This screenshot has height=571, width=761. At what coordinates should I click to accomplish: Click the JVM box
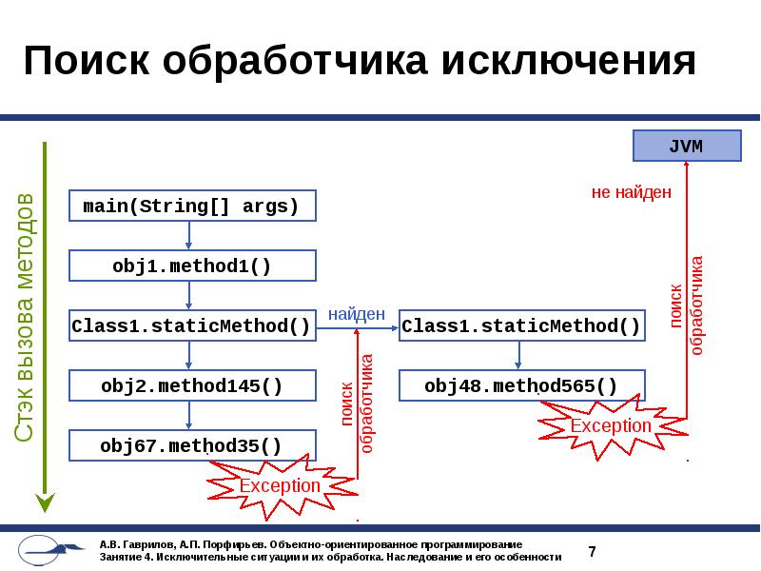[x=687, y=147]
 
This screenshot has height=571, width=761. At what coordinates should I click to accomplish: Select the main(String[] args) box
[x=191, y=206]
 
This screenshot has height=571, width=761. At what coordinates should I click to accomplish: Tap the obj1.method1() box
[x=191, y=266]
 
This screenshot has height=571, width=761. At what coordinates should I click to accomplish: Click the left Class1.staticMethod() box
[x=191, y=326]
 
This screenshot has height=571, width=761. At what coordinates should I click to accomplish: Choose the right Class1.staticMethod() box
[x=521, y=326]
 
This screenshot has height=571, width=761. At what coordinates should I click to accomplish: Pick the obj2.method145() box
[x=191, y=385]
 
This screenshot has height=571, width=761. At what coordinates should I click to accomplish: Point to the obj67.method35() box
[x=191, y=445]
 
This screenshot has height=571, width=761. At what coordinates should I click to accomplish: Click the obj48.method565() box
[x=521, y=385]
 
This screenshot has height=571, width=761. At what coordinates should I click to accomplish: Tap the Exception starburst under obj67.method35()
[x=280, y=485]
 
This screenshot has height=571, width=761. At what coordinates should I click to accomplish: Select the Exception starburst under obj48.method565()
[x=611, y=425]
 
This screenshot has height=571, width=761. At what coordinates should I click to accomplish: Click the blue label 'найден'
[x=357, y=313]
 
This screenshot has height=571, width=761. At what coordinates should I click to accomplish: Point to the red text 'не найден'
[x=632, y=192]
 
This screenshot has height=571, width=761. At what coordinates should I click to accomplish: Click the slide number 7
[x=592, y=551]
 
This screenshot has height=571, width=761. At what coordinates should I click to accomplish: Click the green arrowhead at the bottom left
[x=44, y=502]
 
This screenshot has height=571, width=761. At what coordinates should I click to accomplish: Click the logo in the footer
[x=52, y=550]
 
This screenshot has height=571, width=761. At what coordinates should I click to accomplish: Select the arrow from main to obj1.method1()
[x=190, y=235]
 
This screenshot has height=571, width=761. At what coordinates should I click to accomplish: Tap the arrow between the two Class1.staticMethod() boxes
[x=358, y=327]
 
